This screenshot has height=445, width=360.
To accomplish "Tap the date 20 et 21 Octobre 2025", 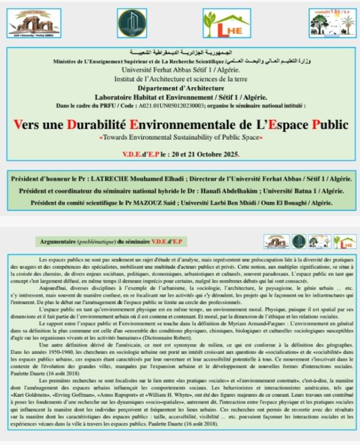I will pyautogui.click(x=208, y=155).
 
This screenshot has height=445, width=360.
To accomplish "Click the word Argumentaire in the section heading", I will pyautogui.click(x=58, y=241).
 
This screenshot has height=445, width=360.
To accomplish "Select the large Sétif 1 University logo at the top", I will pyautogui.click(x=34, y=24).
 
